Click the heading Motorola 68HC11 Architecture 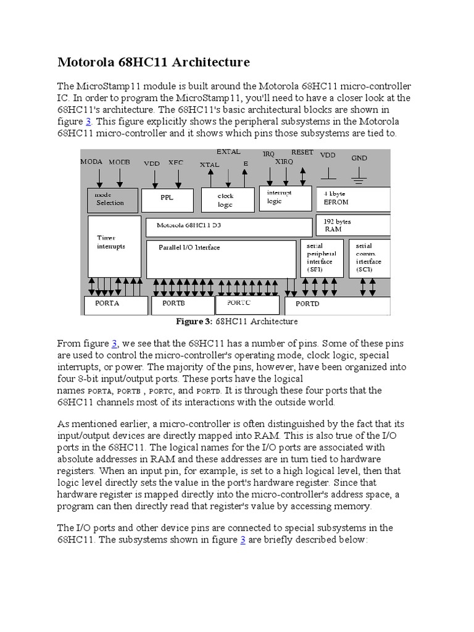point(153,62)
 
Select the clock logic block point(227,199)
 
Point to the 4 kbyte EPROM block point(352,197)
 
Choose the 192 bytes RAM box point(352,224)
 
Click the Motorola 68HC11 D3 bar point(228,226)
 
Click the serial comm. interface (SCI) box point(368,258)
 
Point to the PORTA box point(115,304)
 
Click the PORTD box point(336,305)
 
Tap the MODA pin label point(91,162)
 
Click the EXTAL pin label point(228,151)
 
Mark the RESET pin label point(302,152)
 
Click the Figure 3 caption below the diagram point(237,322)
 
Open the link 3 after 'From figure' point(114,343)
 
